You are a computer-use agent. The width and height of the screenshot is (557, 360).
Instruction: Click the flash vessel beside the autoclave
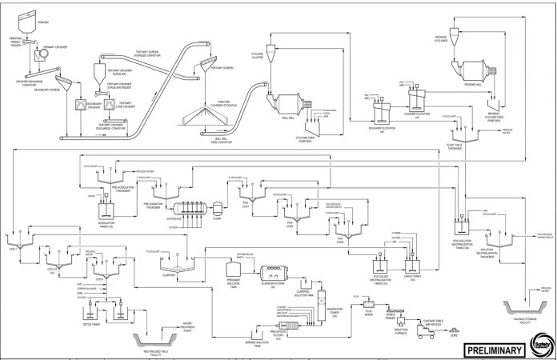216,205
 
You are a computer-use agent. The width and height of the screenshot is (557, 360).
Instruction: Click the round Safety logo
542,347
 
